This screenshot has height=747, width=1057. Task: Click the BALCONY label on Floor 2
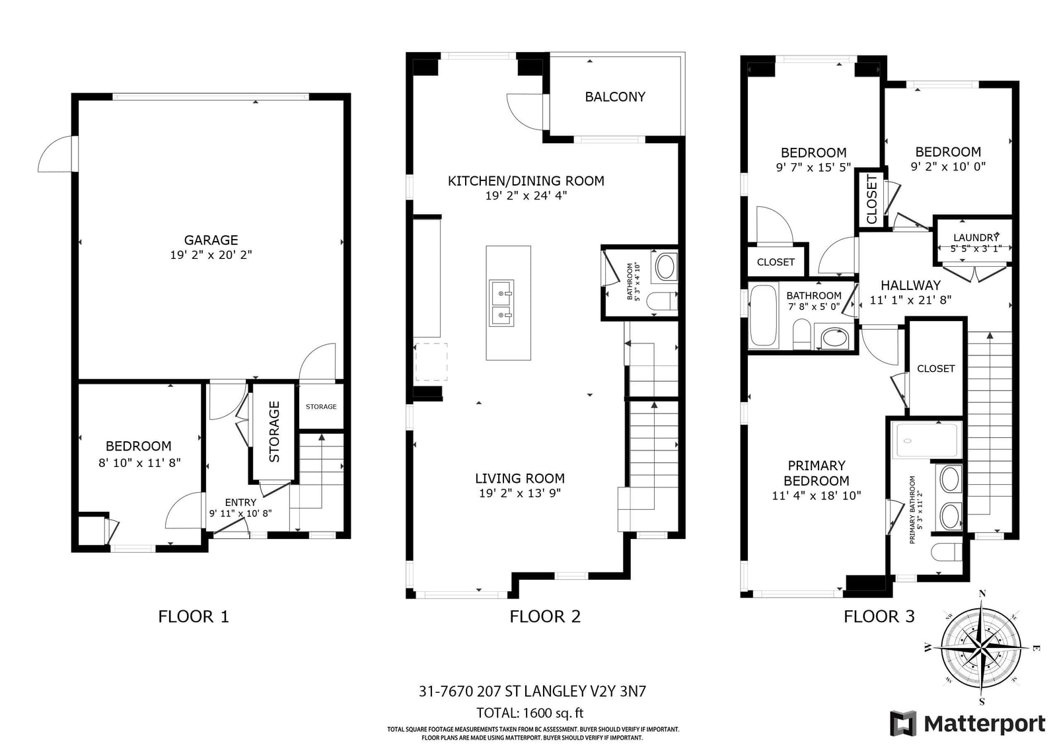tap(615, 96)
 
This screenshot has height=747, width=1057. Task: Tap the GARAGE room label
tap(211, 240)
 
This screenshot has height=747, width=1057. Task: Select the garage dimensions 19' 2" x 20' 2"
tap(211, 255)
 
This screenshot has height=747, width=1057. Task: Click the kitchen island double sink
tap(501, 303)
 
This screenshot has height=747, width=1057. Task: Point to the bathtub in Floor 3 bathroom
tap(764, 315)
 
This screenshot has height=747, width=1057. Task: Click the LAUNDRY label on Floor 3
tap(976, 237)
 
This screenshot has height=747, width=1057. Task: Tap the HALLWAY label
tap(911, 285)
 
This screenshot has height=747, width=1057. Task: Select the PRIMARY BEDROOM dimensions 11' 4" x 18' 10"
tap(817, 495)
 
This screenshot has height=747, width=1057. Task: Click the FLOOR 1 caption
tap(194, 616)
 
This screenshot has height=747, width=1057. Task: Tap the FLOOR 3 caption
tap(879, 616)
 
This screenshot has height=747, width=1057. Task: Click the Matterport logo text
tap(984, 724)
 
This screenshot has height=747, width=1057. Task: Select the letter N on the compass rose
tap(982, 594)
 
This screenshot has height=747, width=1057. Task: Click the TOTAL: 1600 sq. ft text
tap(529, 713)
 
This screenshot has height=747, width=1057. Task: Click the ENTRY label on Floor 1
tap(240, 502)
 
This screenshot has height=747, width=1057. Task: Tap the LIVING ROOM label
tap(519, 478)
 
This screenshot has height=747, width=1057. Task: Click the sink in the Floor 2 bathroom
tap(666, 267)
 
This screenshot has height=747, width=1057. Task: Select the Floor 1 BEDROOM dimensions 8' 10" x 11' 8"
tap(139, 462)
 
